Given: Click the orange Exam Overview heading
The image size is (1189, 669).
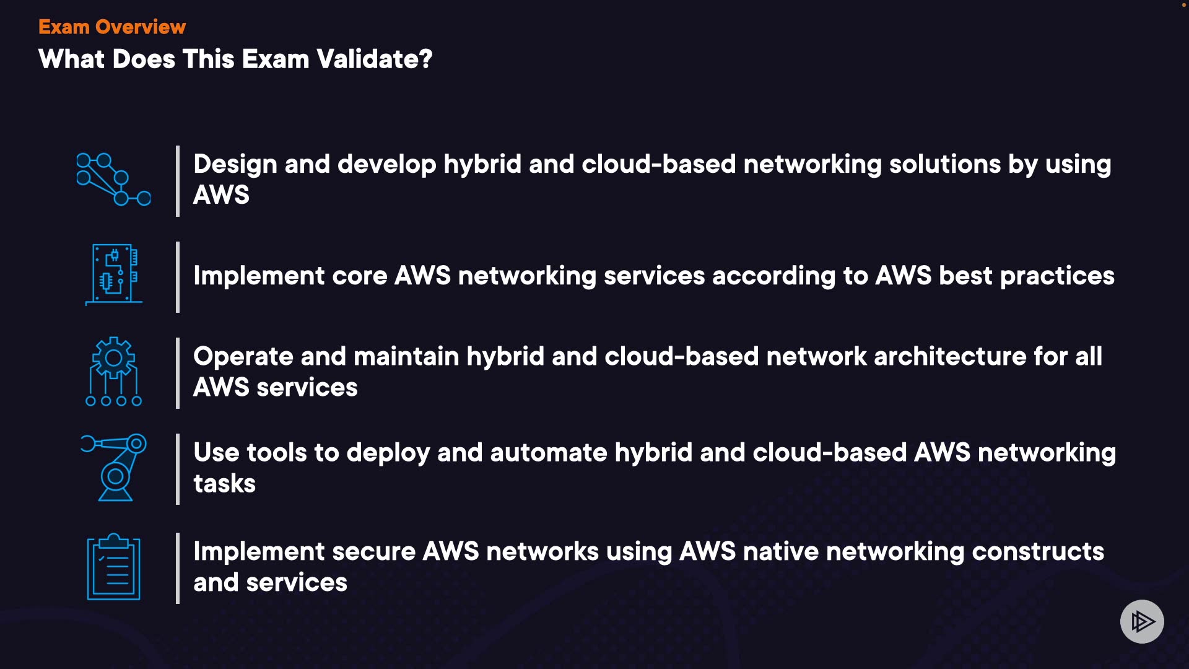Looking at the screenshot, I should point(112,27).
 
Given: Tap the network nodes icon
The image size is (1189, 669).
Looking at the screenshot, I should point(113,180).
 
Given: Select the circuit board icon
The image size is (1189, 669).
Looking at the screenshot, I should point(114,274).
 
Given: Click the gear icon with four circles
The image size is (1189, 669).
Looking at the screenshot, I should point(113,372).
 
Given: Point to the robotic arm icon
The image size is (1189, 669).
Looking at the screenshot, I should point(114,468).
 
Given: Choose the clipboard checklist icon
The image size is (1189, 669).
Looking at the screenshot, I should point(113,567).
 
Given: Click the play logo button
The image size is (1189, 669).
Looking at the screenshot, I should point(1142,621).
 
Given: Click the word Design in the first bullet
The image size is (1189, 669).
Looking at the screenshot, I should point(235,164).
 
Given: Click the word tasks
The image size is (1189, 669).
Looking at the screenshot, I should point(224,484).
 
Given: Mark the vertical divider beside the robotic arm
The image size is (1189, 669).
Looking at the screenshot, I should point(178,469).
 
